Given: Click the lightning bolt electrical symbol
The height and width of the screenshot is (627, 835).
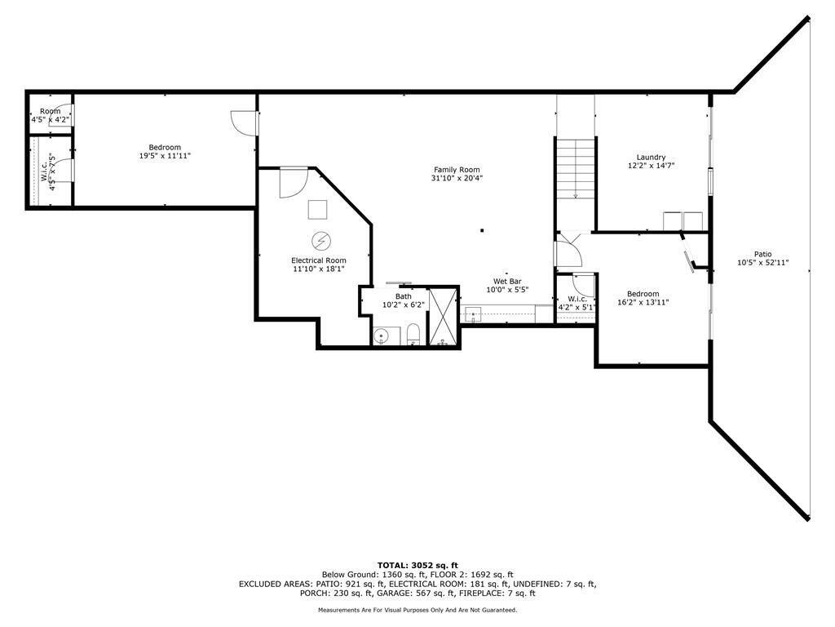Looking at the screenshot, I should point(321,241).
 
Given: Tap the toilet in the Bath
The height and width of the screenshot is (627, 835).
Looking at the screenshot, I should point(413,335).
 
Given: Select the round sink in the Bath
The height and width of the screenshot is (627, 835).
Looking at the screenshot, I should point(381,335).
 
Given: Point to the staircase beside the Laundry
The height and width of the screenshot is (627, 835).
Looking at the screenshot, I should point(576,167).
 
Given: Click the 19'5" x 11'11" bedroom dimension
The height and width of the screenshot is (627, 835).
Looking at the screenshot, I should point(165,155).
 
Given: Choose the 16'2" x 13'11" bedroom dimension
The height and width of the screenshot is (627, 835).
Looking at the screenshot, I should point(643,302).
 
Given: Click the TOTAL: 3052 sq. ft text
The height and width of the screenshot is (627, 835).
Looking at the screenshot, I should point(417,565).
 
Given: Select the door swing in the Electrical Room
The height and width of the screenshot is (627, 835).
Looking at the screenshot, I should point(291,183).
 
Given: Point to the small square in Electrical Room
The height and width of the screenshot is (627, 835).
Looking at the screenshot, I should point(316,210).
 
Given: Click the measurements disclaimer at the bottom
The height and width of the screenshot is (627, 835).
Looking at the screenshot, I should point(417,610).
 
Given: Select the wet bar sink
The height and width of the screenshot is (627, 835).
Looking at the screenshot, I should point(472,314).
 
